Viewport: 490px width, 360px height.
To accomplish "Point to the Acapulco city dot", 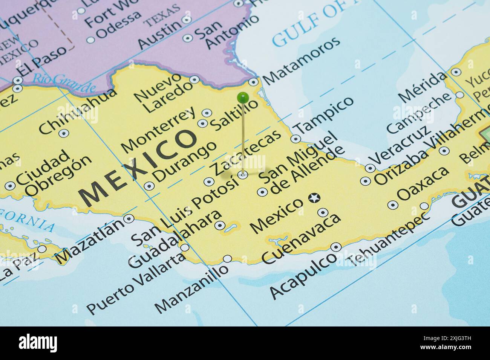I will (x=335, y=247).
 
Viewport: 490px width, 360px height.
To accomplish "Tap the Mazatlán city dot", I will (x=129, y=218).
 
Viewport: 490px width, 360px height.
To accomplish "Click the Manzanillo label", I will (x=192, y=288).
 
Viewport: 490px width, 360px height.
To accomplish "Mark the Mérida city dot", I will (x=456, y=72).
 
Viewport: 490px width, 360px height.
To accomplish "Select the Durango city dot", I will (x=149, y=186).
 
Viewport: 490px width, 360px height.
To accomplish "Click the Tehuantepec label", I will (x=389, y=239).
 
